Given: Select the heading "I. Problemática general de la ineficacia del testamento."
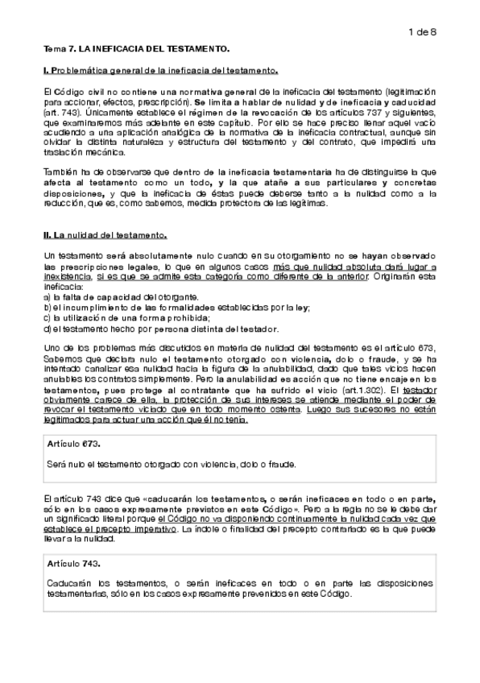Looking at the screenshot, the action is pyautogui.click(x=161, y=72).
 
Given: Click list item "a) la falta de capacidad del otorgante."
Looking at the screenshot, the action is pyautogui.click(x=114, y=298).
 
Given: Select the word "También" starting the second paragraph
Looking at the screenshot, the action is pyautogui.click(x=60, y=172).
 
